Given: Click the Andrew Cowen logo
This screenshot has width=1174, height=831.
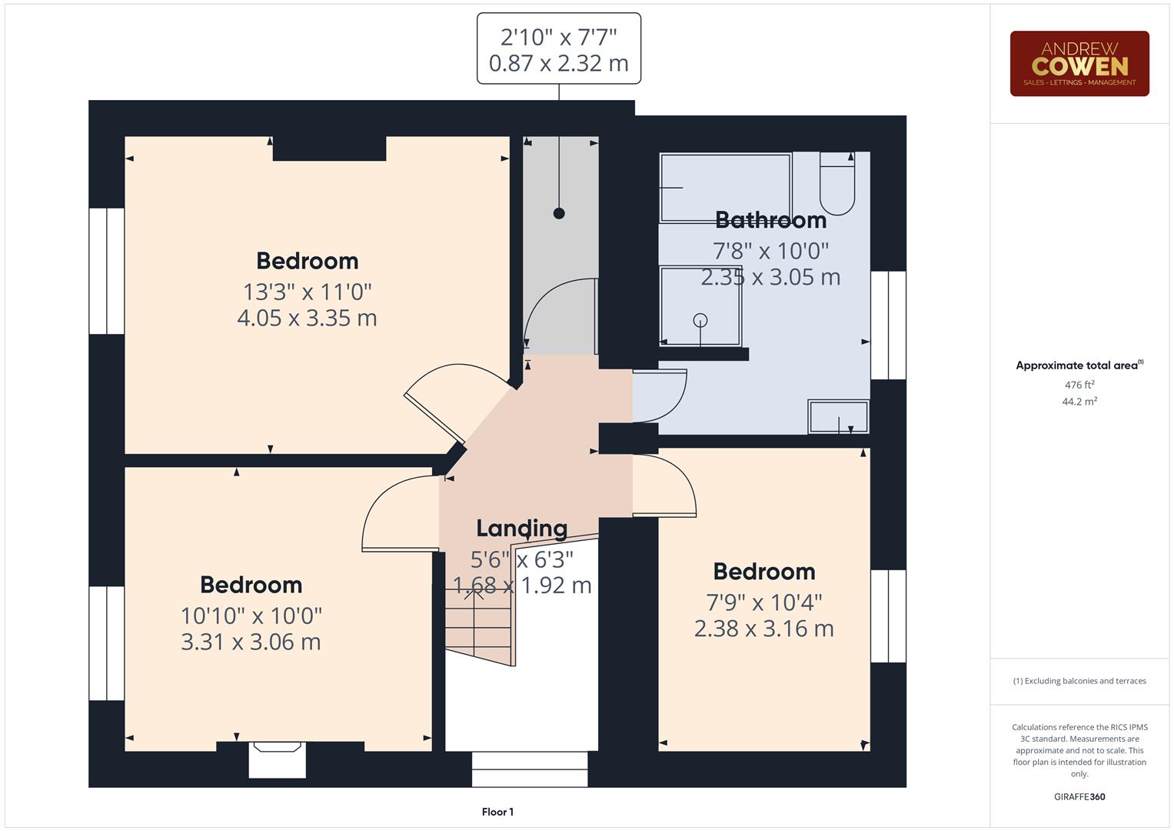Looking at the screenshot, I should point(1079,64).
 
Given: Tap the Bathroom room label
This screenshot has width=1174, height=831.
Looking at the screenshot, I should point(770,220).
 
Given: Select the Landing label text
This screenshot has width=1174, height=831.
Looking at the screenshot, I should point(521,528).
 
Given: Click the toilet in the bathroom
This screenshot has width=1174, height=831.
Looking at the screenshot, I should point(836,184).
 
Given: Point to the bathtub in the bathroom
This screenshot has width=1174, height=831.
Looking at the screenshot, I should point(725,188).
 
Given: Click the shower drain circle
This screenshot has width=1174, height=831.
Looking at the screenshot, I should point(700,320).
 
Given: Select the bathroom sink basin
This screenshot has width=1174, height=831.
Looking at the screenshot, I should point(838,416).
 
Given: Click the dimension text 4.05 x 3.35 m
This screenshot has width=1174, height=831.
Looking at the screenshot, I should point(307,318).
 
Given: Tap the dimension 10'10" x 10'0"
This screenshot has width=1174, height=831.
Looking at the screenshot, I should point(251,616).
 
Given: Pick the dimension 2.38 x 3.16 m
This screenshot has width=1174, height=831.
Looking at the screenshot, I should point(763,629).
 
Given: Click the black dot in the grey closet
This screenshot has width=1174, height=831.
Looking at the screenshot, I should point(559,213).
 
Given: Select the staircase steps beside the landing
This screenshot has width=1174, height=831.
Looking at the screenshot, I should point(478,623).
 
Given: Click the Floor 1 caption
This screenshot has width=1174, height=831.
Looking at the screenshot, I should point(497,812).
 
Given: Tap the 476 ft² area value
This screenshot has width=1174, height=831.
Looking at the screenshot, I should point(1079,385).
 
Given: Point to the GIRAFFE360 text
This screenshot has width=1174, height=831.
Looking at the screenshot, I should point(1079,796).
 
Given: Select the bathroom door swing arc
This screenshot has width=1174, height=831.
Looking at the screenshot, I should point(661,396).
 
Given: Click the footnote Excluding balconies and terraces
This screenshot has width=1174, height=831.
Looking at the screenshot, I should point(1079,681).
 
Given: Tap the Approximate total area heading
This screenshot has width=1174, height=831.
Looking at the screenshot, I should point(1079,365).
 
